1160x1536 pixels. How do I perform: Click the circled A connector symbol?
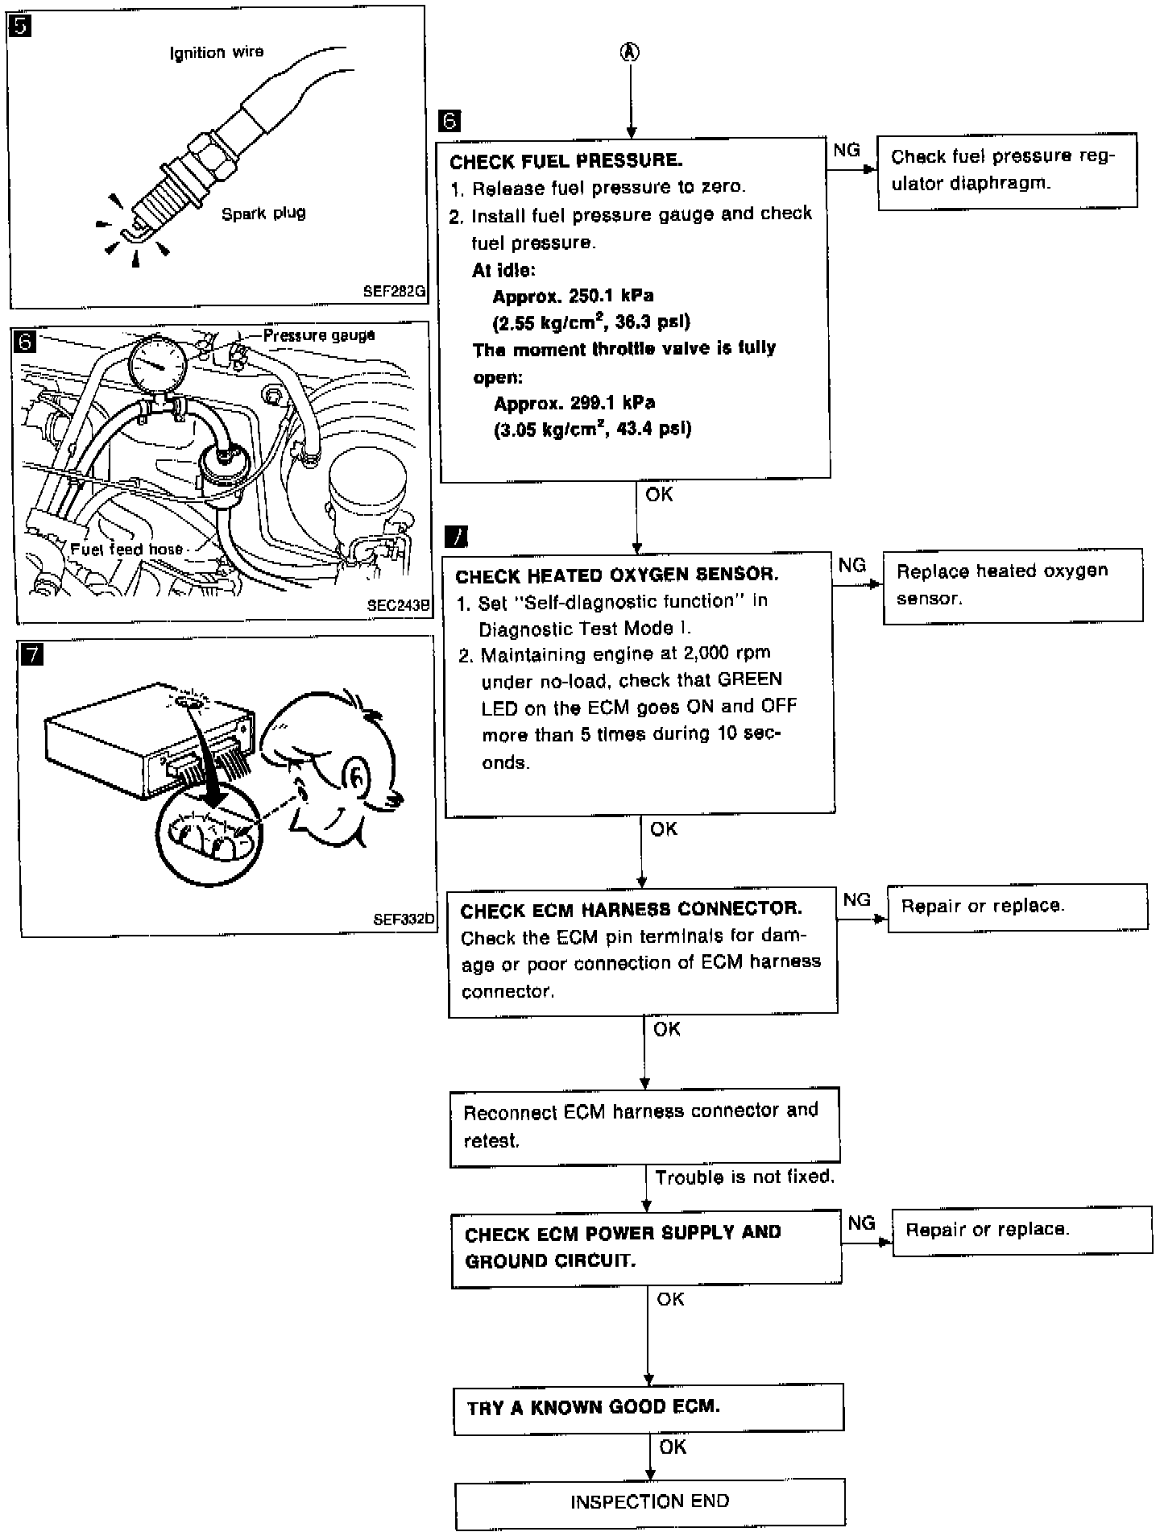pyautogui.click(x=630, y=52)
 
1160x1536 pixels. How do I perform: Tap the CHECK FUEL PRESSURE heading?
pyautogui.click(x=565, y=161)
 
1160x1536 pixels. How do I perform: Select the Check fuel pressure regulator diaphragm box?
pyautogui.click(x=1007, y=171)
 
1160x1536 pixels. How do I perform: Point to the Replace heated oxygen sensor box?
pyautogui.click(x=1013, y=585)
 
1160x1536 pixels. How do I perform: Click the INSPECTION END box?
pyautogui.click(x=650, y=1502)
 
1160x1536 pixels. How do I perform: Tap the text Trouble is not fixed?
pyautogui.click(x=744, y=1177)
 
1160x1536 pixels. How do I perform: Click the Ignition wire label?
pyautogui.click(x=216, y=53)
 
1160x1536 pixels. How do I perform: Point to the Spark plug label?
pyautogui.click(x=263, y=214)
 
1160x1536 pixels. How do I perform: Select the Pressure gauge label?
pyautogui.click(x=319, y=335)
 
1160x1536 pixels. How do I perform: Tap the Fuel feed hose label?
pyautogui.click(x=126, y=550)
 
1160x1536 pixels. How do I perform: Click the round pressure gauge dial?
pyautogui.click(x=158, y=364)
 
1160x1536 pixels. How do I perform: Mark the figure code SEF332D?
pyautogui.click(x=404, y=919)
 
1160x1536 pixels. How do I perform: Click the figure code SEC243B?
pyautogui.click(x=398, y=605)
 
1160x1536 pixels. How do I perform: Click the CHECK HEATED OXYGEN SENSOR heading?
pyautogui.click(x=616, y=575)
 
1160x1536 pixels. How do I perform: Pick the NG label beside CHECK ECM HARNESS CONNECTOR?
pyautogui.click(x=856, y=899)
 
